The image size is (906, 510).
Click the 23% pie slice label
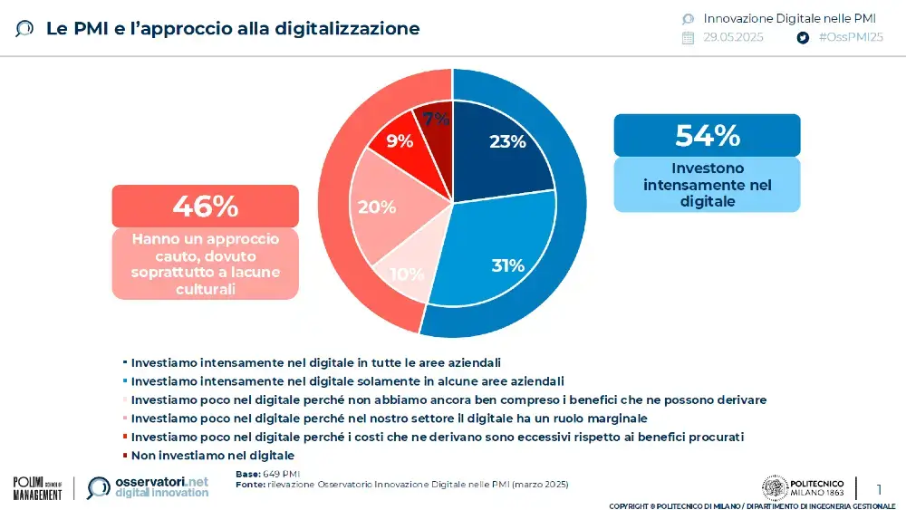(506, 141)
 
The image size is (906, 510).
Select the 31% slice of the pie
(507, 265)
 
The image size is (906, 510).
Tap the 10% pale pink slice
(407, 274)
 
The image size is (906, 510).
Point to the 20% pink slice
(377, 207)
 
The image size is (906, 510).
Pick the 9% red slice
(400, 140)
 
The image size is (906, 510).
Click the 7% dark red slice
(436, 120)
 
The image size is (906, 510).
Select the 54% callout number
(707, 135)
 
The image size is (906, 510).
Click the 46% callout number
(205, 206)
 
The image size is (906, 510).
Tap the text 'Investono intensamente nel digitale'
(707, 185)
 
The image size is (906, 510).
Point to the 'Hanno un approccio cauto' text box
(205, 264)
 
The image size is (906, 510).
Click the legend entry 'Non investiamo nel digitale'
(213, 455)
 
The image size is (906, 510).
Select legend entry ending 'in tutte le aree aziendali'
(316, 361)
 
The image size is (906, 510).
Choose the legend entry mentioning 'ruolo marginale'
(389, 418)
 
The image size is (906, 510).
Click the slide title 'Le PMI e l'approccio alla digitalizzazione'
(233, 28)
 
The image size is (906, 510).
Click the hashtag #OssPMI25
(850, 37)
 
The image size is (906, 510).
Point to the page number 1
(878, 489)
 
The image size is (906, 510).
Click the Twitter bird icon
(802, 38)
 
